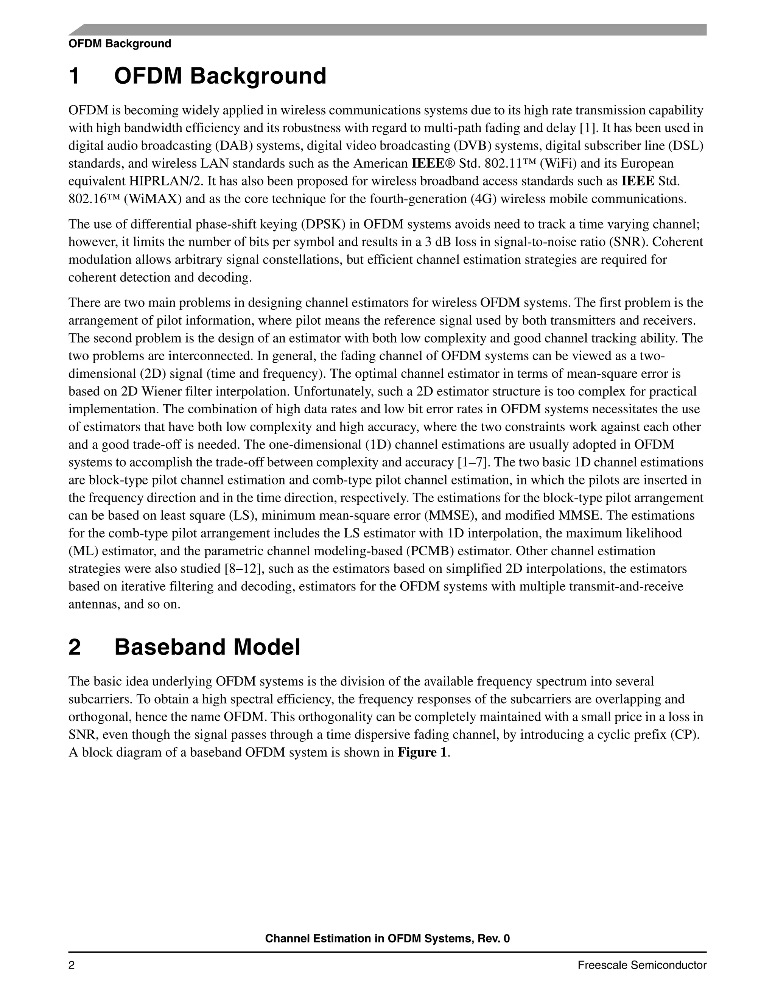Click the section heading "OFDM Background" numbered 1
[x=220, y=76]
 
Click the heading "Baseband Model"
[x=207, y=647]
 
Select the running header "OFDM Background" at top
[x=119, y=44]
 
